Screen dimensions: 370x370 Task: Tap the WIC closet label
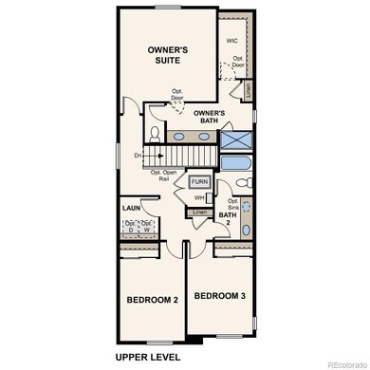click(231, 41)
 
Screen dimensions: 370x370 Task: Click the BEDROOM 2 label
click(152, 300)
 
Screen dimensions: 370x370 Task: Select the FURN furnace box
click(199, 181)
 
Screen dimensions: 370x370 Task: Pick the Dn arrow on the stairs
click(139, 155)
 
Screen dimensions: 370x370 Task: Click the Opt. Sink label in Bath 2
click(232, 205)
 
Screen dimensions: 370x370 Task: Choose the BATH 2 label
click(228, 220)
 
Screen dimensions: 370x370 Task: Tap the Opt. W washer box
click(148, 227)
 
